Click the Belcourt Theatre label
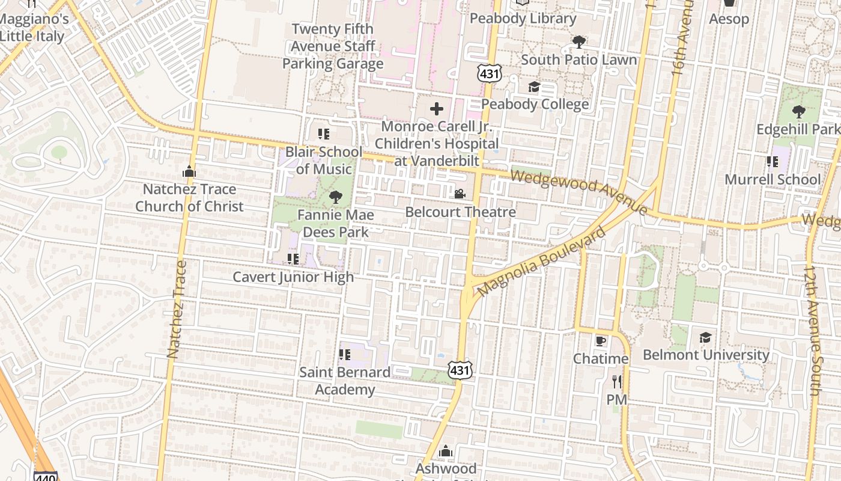coord(460,212)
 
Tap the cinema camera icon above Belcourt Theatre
coord(460,194)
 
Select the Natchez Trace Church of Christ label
coord(189,198)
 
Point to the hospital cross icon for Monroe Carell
coord(437,109)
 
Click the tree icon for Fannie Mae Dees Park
coord(336,197)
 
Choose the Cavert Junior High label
coord(293,277)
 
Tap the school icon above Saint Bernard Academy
coord(344,355)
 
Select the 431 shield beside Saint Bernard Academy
coord(460,370)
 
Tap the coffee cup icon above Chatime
coord(600,341)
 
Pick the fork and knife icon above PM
coord(616,381)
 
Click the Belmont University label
coord(706,355)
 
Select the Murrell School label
coord(772,179)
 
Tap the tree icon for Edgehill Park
coord(798,112)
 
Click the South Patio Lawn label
coord(578,60)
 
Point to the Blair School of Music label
coord(324,160)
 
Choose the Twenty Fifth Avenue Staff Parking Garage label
coord(333,46)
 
